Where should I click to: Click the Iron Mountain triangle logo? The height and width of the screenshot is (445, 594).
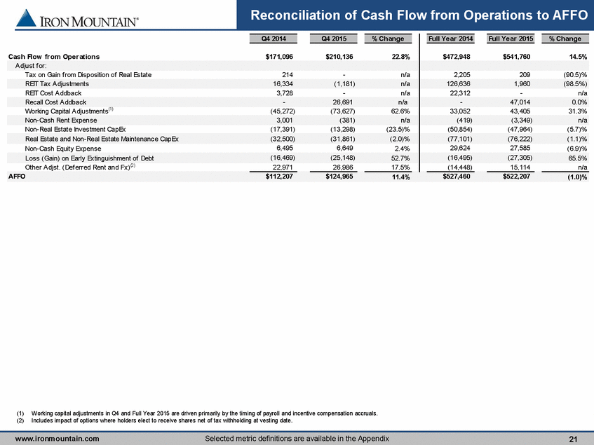coord(26,18)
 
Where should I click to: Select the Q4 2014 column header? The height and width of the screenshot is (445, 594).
coord(274,39)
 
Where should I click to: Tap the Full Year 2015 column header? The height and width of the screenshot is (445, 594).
coord(511,39)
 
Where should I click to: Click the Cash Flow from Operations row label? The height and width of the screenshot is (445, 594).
coord(54,57)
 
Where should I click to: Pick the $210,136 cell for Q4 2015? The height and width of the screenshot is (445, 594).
coord(339,57)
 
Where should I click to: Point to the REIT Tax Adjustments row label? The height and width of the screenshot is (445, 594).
coord(57,84)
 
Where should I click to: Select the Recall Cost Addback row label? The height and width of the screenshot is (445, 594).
coord(55,102)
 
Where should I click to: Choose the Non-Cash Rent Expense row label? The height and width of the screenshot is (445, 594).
coord(61,121)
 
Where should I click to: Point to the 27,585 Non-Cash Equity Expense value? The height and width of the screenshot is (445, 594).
coord(519,149)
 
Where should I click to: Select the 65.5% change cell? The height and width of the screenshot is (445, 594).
coord(578,158)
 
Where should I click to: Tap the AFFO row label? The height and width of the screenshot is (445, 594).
coord(17,177)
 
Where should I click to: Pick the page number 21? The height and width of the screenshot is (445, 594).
coord(573,439)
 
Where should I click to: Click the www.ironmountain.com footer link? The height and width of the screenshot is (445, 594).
coord(58,439)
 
